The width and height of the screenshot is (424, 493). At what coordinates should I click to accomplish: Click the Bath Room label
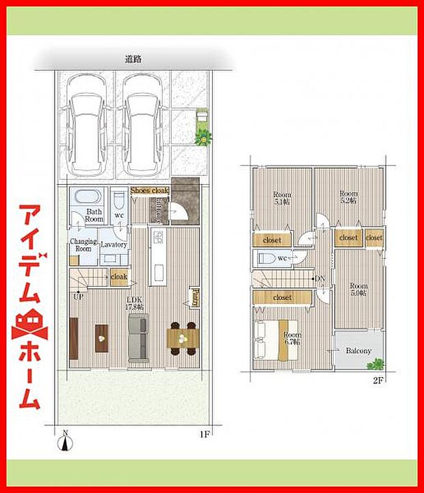[94, 216]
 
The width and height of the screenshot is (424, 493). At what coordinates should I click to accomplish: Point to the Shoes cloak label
[149, 190]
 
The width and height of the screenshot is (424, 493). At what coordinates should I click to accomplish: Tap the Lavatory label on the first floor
[114, 244]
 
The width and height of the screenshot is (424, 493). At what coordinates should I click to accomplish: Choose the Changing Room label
[83, 245]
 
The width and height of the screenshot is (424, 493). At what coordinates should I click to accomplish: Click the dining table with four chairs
[182, 338]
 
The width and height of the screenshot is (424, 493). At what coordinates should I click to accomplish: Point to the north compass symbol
[65, 442]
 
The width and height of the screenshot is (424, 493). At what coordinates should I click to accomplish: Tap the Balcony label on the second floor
[358, 351]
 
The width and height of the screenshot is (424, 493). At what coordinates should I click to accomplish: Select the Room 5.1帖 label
[282, 198]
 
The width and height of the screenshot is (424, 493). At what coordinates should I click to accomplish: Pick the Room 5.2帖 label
[349, 198]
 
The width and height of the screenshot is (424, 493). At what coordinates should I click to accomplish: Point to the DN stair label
[320, 279]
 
